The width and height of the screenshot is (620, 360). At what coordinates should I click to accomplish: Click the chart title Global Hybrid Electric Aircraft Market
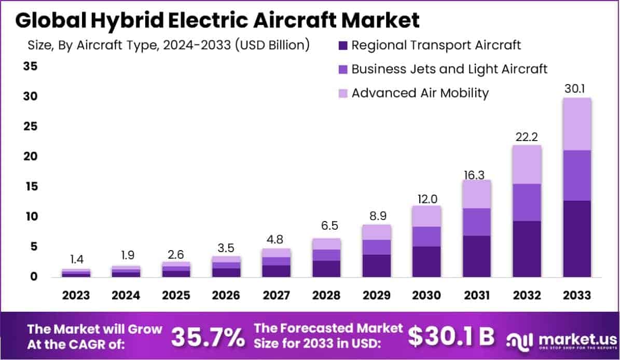tap(217, 21)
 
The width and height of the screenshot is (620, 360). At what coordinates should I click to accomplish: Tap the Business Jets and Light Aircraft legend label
tap(449, 69)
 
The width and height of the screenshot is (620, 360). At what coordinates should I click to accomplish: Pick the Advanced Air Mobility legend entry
tap(420, 93)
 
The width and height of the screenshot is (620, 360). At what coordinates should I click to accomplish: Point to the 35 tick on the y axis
tap(30, 66)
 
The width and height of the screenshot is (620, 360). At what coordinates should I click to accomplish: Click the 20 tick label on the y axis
tap(30, 156)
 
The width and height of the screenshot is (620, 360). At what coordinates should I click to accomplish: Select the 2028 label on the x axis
tap(326, 295)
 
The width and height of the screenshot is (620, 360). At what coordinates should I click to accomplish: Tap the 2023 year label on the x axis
tap(76, 295)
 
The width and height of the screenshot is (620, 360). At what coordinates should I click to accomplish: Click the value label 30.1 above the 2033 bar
tap(576, 89)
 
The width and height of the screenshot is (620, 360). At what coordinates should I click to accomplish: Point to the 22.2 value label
tap(526, 136)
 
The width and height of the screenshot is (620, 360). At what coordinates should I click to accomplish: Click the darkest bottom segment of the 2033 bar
tap(577, 239)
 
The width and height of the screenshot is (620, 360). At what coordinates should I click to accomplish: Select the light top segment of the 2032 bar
tap(527, 164)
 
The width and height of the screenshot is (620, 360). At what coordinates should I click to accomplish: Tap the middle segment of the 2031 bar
tap(476, 222)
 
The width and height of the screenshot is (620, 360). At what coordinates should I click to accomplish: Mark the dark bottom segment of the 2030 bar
tap(426, 261)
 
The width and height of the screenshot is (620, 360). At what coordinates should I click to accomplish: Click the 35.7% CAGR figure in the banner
tap(208, 337)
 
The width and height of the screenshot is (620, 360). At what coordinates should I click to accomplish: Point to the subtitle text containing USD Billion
tap(169, 45)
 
